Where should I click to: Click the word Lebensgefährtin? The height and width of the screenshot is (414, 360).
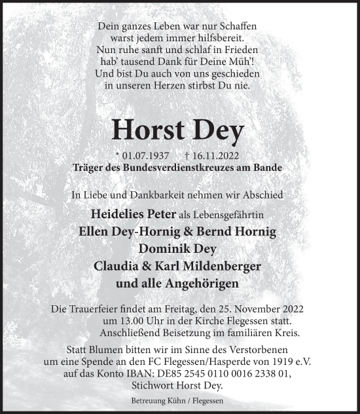[x=233, y=215]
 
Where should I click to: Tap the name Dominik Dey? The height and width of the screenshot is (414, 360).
[x=179, y=249]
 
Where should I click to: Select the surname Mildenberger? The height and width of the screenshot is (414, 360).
[x=225, y=267]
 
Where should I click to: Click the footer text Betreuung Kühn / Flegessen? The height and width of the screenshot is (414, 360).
[x=179, y=400]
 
